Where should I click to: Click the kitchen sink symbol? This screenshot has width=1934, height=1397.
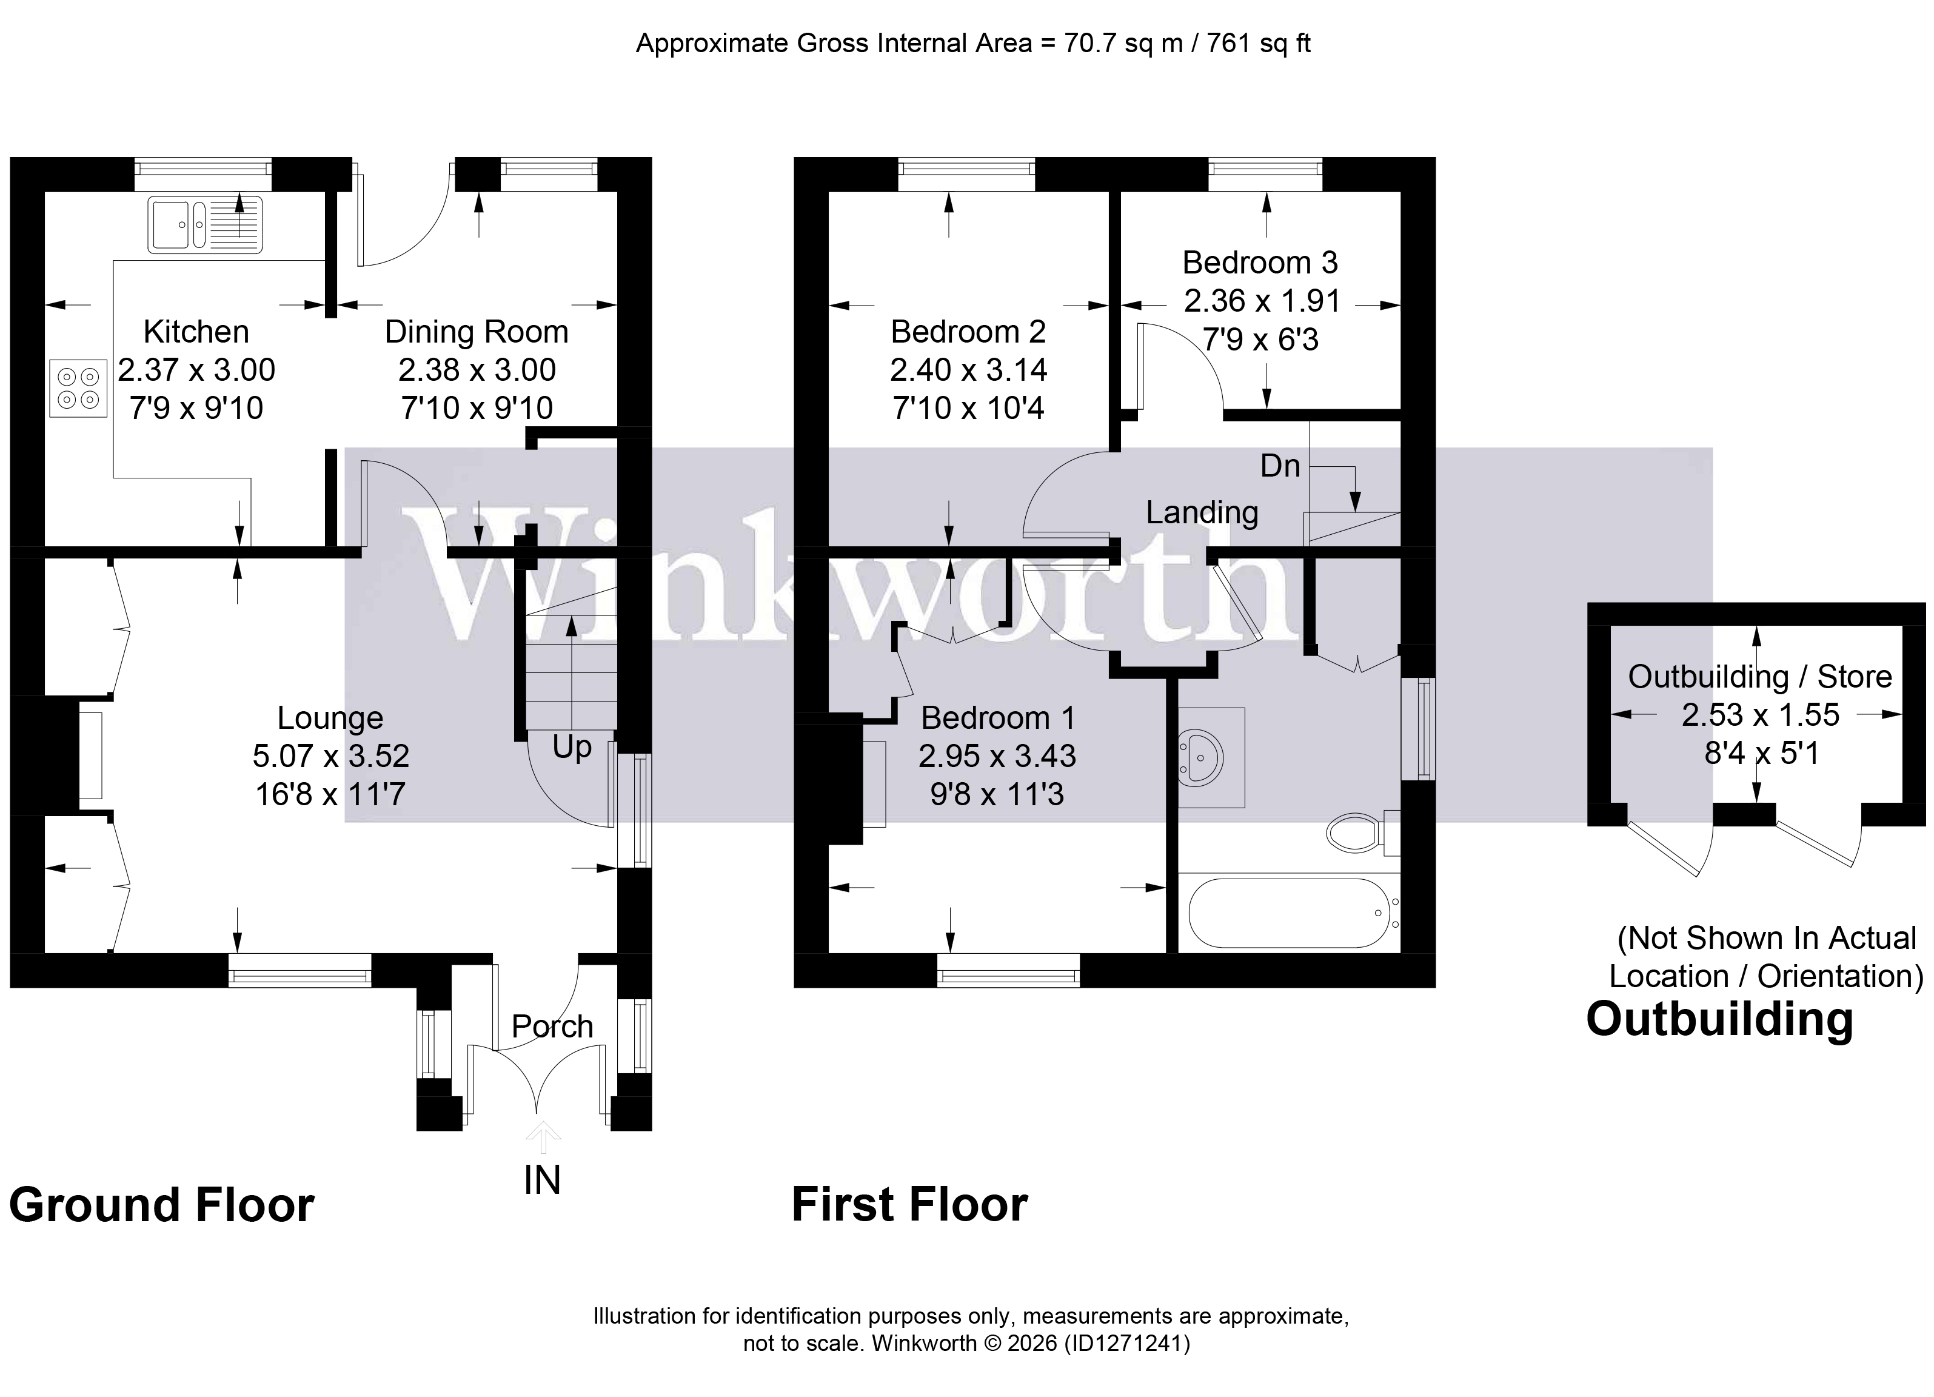205,224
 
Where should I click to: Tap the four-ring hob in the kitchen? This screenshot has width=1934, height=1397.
78,389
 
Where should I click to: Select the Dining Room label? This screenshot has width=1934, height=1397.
476,332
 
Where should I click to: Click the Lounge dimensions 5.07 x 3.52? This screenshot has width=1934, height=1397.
331,755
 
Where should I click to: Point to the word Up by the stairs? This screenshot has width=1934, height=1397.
571,747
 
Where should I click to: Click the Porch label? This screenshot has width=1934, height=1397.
552,1026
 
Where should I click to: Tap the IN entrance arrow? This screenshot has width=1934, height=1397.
543,1137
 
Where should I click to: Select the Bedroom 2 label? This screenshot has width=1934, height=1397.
968,332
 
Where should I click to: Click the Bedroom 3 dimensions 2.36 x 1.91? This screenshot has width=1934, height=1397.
1261,301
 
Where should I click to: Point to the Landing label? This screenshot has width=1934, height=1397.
1202,512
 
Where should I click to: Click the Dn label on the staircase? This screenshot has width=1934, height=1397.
1280,466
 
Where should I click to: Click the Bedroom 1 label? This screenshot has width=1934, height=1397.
998,718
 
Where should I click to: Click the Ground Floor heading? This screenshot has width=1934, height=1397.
161,1206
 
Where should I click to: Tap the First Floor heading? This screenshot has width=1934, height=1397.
909,1204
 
